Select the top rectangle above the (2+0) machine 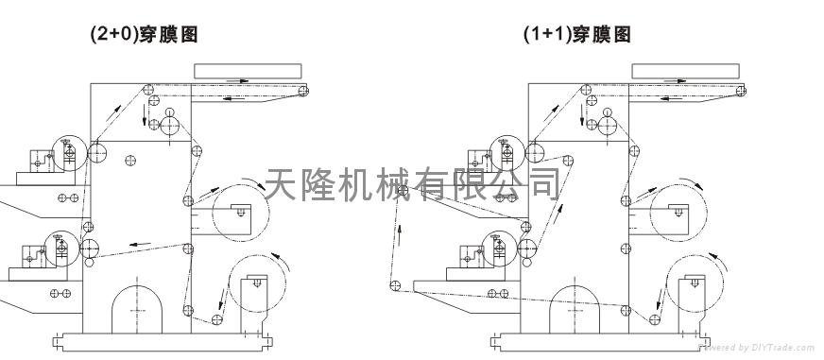(x=248, y=71)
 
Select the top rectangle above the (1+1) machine (x=685, y=71)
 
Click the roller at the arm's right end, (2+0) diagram (x=303, y=91)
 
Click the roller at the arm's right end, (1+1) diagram (x=741, y=91)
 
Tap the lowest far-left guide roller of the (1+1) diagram (x=395, y=286)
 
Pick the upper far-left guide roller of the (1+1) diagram (x=403, y=190)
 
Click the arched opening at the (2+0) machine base (x=137, y=309)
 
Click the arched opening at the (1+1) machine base (x=575, y=309)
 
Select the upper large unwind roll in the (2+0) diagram (x=241, y=213)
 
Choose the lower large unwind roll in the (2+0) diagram (x=257, y=283)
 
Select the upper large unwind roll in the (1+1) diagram (x=678, y=213)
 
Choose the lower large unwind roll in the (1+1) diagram (x=695, y=283)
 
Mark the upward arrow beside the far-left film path (x=400, y=235)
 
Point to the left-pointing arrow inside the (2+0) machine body (x=140, y=244)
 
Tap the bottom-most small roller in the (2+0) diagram (x=217, y=319)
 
